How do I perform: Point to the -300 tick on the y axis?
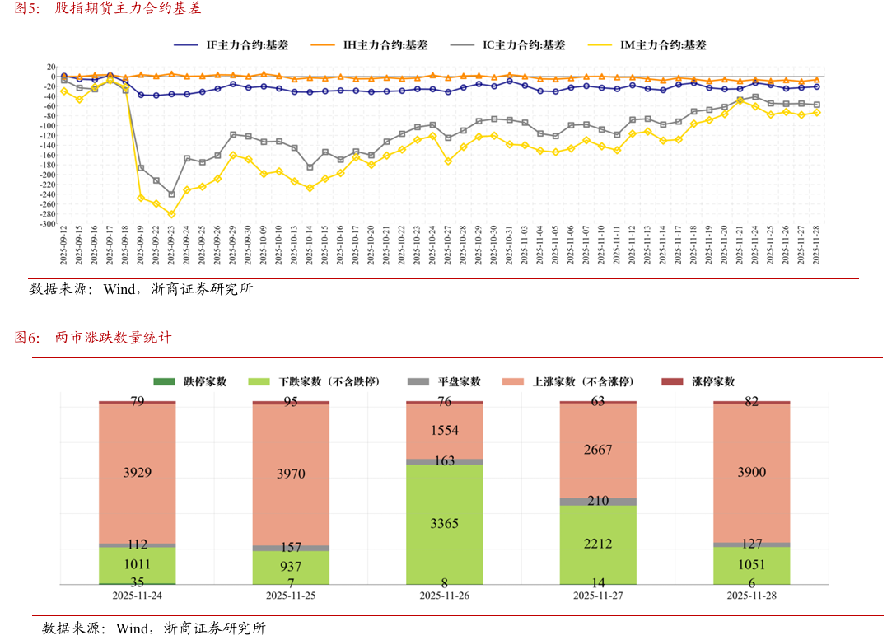coord(48,224)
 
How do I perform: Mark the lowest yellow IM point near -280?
coord(171,214)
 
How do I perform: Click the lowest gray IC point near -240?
coord(171,194)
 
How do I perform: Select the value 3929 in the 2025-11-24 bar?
coord(137,473)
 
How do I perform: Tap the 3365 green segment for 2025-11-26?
coord(445,523)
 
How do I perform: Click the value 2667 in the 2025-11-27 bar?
coord(598,449)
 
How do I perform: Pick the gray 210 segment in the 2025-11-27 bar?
coord(598,501)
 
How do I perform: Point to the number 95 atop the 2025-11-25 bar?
coord(291,402)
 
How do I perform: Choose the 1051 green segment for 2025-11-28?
coord(751,565)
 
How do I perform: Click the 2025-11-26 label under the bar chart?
coord(445,596)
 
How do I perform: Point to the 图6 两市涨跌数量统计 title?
coord(92,338)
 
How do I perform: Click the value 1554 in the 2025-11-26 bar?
coord(445,430)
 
